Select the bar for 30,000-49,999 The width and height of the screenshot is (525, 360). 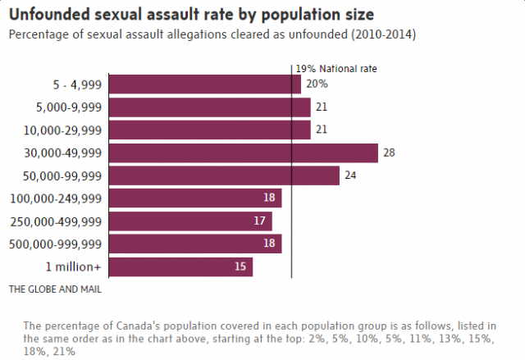(x=243, y=153)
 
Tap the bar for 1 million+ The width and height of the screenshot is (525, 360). (x=180, y=267)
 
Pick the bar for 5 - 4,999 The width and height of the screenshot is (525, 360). (x=204, y=84)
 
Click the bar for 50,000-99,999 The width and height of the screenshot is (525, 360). (x=224, y=175)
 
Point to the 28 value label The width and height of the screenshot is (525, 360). (x=390, y=153)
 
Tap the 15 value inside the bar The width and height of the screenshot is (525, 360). (x=241, y=267)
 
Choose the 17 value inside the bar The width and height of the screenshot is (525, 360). (x=261, y=221)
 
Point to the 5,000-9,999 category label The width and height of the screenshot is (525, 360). (x=68, y=107)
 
